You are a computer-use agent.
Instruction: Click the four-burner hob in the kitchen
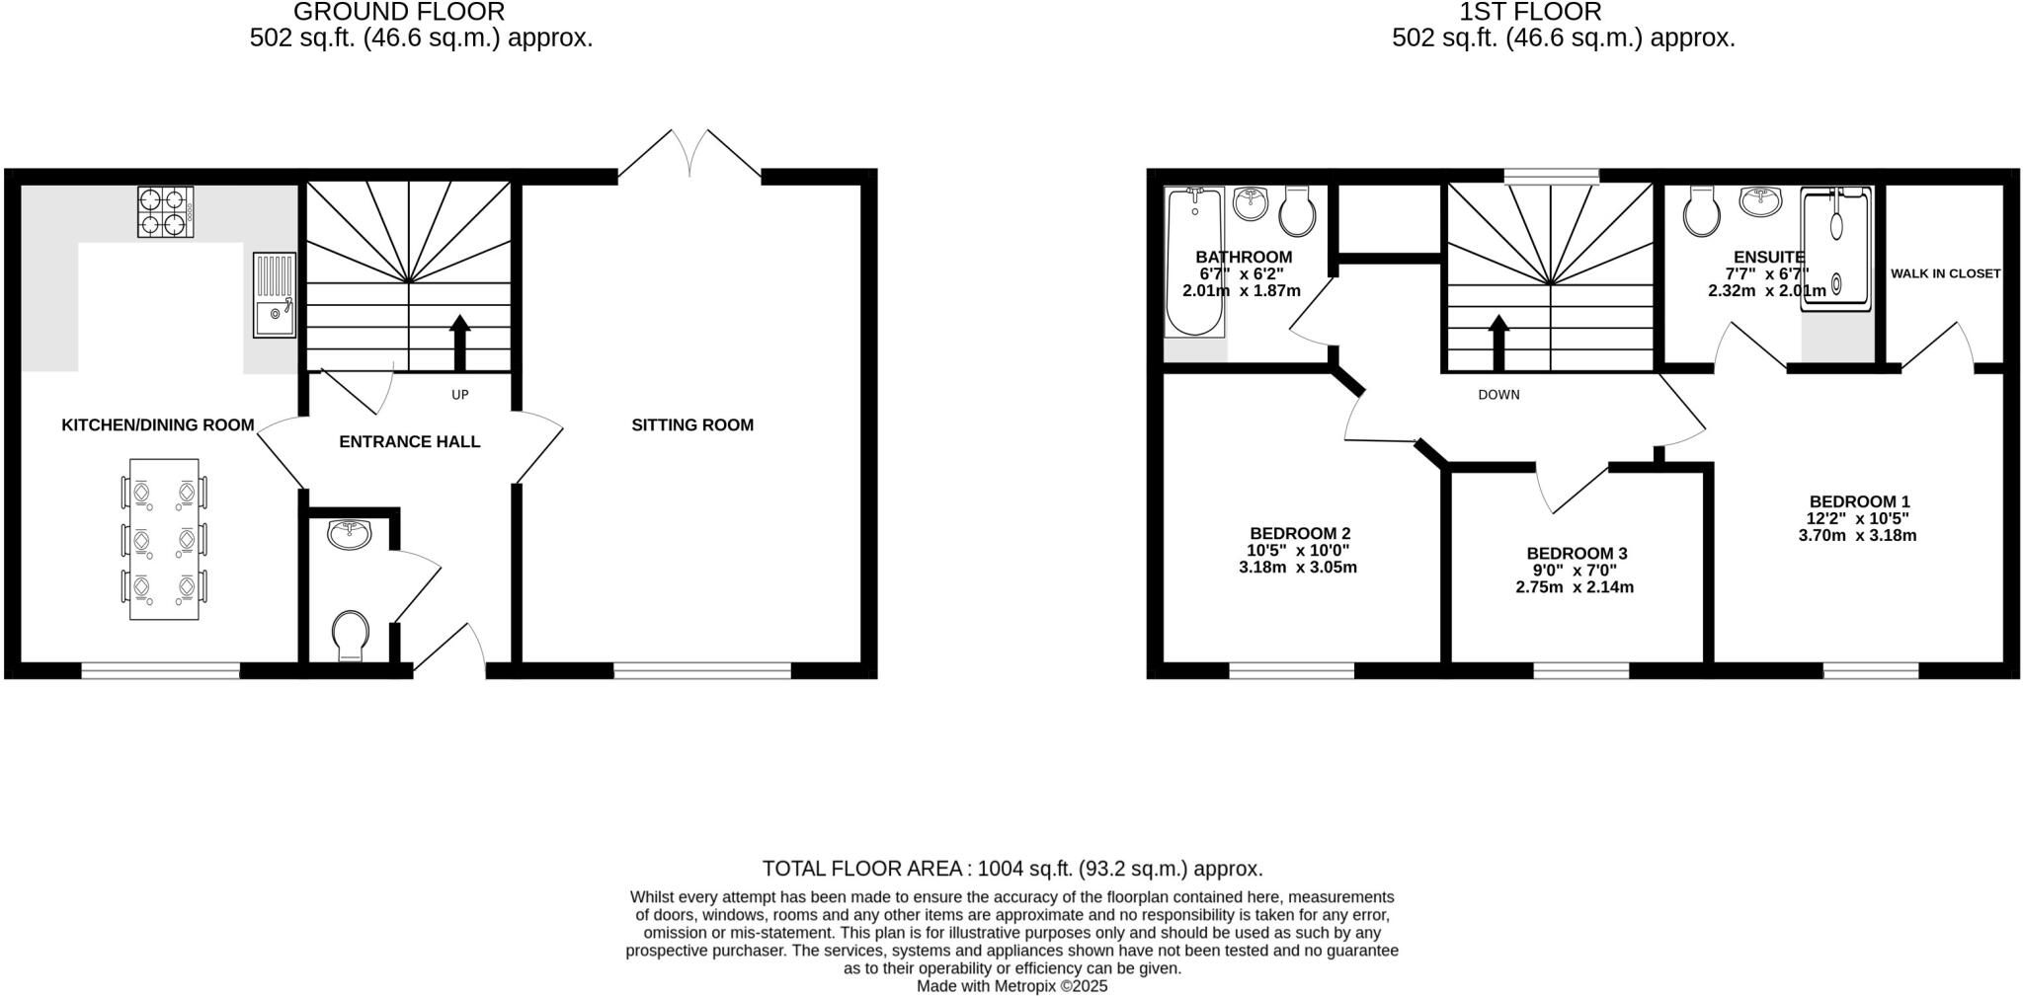165,212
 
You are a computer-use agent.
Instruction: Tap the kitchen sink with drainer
274,294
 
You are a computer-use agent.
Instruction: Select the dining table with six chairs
164,539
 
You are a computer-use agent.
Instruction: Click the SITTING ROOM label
692,425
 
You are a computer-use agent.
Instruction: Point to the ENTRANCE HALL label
409,442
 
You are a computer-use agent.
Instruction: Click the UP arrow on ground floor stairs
459,342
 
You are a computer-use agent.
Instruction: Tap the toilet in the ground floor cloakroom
350,634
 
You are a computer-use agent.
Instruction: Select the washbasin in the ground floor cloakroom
349,534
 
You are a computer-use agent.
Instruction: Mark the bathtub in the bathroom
1194,262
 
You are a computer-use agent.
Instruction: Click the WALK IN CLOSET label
1945,273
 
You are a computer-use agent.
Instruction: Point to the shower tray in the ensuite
1836,250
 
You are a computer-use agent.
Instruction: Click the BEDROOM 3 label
1577,554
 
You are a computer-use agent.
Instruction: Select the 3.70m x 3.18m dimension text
1857,536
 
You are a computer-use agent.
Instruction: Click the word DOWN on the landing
1498,395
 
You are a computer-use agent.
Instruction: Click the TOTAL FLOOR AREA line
1011,869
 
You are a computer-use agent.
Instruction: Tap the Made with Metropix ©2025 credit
1011,986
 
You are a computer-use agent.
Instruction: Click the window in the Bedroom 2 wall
1291,671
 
